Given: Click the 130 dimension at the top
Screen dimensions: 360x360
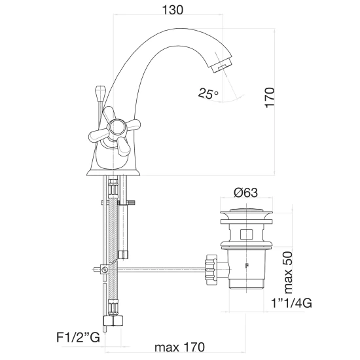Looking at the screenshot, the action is [172, 10].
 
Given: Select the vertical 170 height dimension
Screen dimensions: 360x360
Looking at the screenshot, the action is [270, 98].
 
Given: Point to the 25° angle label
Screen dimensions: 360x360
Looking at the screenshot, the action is [208, 94].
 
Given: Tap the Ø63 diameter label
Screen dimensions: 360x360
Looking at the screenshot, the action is [245, 192].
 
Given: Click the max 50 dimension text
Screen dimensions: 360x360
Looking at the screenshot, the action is [289, 272].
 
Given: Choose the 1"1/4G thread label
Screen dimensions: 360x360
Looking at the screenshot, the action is [291, 303].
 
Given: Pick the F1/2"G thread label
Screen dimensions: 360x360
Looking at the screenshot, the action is [79, 338].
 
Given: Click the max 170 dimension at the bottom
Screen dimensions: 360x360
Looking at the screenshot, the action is [179, 347].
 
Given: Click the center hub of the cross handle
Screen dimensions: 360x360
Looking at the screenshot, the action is [117, 128].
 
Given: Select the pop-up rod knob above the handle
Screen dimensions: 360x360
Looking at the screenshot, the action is [101, 94].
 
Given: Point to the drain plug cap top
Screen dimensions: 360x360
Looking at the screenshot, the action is [246, 213].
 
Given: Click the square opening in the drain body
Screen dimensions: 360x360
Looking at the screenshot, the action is [246, 234].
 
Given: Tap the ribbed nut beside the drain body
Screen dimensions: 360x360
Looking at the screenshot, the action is [211, 270].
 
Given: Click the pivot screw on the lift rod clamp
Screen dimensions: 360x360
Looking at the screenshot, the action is [105, 269].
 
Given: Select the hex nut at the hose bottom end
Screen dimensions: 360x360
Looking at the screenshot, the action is [113, 321].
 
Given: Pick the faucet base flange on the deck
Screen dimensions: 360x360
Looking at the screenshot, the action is [113, 173].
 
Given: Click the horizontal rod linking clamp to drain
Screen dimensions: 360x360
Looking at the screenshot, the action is [162, 270].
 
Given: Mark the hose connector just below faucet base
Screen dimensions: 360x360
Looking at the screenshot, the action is [113, 187].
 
